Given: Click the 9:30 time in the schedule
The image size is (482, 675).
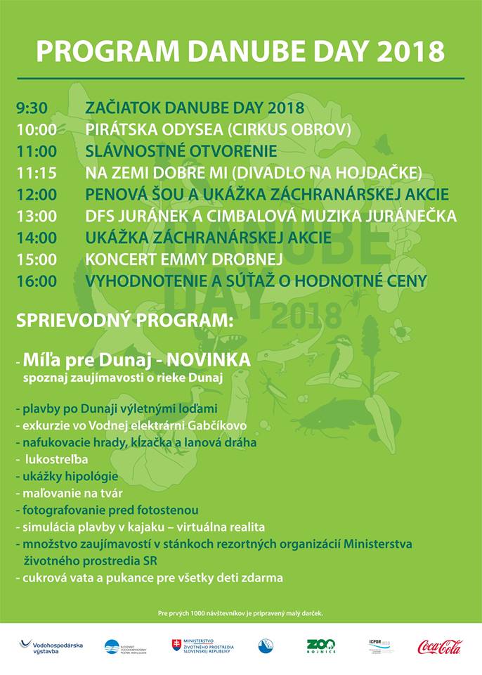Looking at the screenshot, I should tap(32, 108).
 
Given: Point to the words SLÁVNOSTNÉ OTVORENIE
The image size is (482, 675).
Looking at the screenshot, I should tap(181, 151).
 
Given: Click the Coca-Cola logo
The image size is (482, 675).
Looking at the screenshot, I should tap(440, 646).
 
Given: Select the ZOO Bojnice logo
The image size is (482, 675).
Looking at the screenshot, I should tap(320, 646).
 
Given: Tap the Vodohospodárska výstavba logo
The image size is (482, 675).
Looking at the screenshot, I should tap(51, 646).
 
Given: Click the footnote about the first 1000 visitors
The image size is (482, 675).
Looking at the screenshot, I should tap(240, 614).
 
